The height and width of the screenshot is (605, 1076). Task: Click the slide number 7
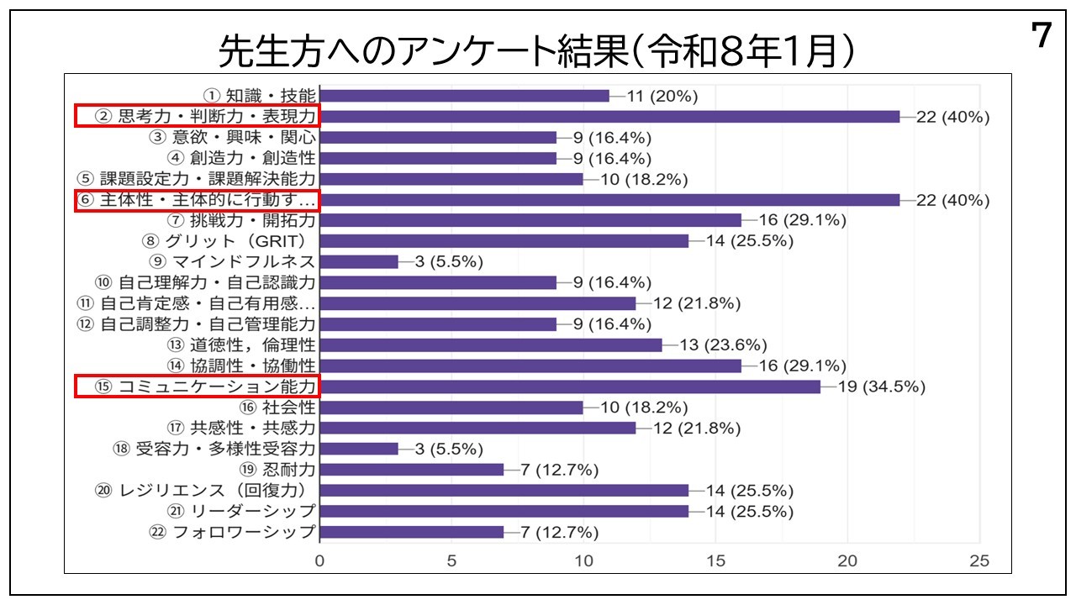pyautogui.click(x=1041, y=36)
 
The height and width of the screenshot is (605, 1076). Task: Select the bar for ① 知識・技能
pyautogui.click(x=464, y=96)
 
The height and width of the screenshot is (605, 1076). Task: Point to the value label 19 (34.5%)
pyautogui.click(x=882, y=387)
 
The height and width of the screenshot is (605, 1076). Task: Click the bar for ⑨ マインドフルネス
pyautogui.click(x=359, y=261)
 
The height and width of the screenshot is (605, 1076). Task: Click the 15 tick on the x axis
pyautogui.click(x=715, y=560)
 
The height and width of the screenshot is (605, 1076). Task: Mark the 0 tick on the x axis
pyautogui.click(x=319, y=560)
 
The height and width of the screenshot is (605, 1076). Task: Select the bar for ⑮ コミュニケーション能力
pyautogui.click(x=570, y=387)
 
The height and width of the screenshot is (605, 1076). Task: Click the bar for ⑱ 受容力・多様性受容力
pyautogui.click(x=359, y=449)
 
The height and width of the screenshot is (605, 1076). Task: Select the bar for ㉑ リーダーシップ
pyautogui.click(x=504, y=511)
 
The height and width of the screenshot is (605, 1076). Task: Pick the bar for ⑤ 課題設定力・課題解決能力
pyautogui.click(x=451, y=179)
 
